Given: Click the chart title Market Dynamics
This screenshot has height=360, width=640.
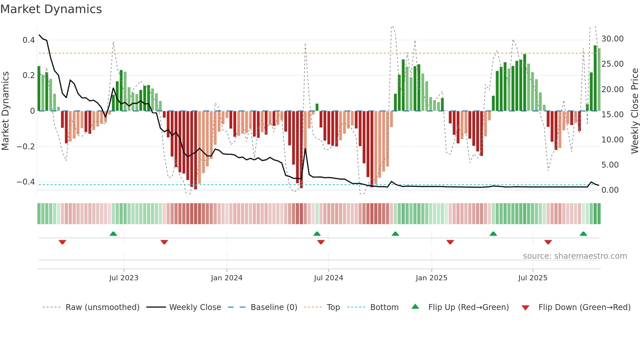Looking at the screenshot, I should pyautogui.click(x=51, y=9).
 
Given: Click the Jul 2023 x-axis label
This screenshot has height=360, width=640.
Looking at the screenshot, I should pyautogui.click(x=124, y=278).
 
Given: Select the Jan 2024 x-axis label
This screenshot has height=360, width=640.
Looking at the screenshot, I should pyautogui.click(x=227, y=278).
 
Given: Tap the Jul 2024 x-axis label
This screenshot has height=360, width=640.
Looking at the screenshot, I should pyautogui.click(x=328, y=278).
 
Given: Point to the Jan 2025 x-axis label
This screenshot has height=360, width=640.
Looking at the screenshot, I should pyautogui.click(x=431, y=278).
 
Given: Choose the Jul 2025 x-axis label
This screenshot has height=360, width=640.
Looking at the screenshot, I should pyautogui.click(x=533, y=278).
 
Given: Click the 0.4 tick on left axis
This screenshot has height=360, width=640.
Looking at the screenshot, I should pyautogui.click(x=29, y=40).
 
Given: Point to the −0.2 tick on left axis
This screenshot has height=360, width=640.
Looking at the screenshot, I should pyautogui.click(x=26, y=147).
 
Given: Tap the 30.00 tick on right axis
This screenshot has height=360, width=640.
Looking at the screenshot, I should pyautogui.click(x=613, y=39).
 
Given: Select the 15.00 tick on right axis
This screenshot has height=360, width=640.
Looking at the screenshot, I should pyautogui.click(x=613, y=115).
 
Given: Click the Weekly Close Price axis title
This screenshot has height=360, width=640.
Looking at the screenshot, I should pyautogui.click(x=634, y=111).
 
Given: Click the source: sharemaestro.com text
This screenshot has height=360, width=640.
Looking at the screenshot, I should pyautogui.click(x=575, y=256).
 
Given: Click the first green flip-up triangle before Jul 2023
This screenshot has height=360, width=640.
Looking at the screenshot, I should pyautogui.click(x=113, y=234).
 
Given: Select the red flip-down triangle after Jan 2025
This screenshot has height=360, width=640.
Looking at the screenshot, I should pyautogui.click(x=450, y=242).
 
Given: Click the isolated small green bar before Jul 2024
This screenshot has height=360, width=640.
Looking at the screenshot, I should pyautogui.click(x=317, y=107).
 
